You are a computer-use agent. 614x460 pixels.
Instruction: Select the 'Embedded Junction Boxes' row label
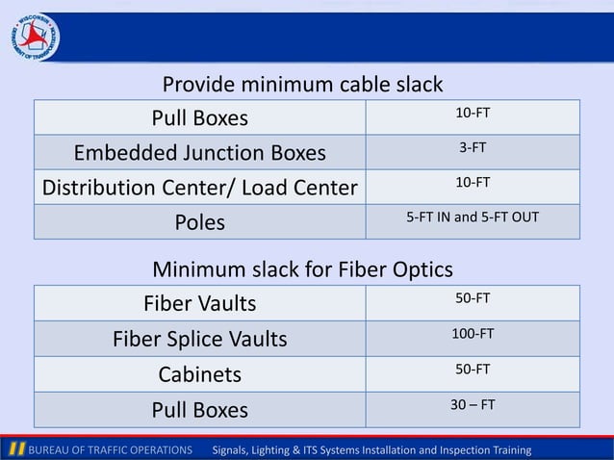point(200,153)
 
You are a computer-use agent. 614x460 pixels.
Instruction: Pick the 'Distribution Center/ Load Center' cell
point(200,188)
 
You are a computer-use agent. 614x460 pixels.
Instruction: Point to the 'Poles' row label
point(200,222)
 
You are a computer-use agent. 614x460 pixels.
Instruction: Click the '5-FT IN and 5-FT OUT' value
point(473,217)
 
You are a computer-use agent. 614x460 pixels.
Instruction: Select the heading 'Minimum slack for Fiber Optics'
point(302,268)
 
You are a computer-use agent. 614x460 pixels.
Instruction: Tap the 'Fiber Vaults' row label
point(200,304)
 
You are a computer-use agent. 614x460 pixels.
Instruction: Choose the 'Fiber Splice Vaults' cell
point(200,339)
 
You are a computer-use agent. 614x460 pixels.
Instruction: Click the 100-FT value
point(473,333)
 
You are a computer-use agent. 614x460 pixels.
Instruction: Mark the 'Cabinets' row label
point(200,373)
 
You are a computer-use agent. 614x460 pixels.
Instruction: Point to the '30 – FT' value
point(473,404)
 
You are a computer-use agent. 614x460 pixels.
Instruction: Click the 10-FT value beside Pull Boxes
point(473,113)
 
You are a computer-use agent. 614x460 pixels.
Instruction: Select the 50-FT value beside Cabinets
point(473,369)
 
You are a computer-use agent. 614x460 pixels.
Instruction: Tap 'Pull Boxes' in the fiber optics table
point(200,410)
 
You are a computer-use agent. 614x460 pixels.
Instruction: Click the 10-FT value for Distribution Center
point(473,182)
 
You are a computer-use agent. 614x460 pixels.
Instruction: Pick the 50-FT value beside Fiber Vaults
point(473,298)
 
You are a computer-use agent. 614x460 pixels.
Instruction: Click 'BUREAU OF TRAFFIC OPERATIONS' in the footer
point(110,450)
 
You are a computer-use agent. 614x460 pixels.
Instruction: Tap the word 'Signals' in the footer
point(231,450)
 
